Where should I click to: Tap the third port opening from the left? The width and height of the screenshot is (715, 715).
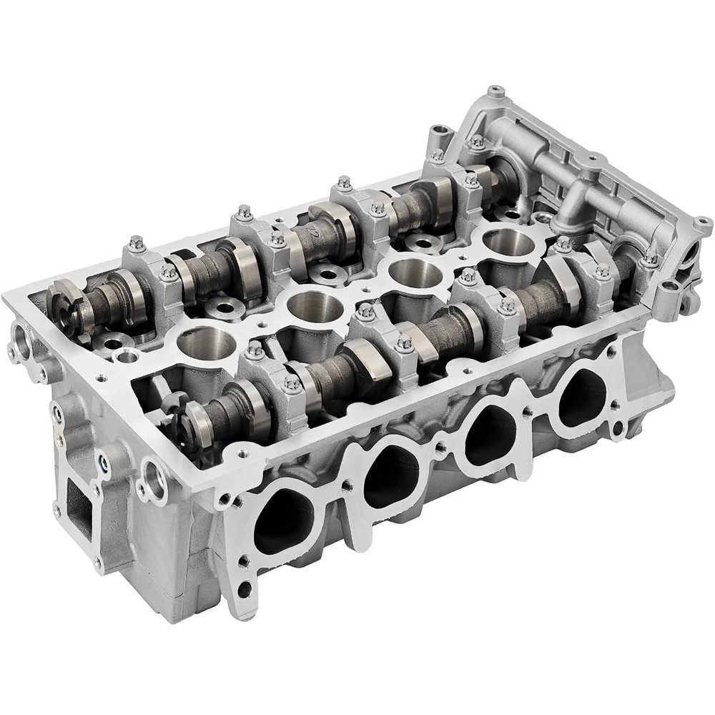490,433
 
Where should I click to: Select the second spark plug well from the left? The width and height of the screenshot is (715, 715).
309,307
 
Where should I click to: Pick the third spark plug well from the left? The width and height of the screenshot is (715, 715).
410,272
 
